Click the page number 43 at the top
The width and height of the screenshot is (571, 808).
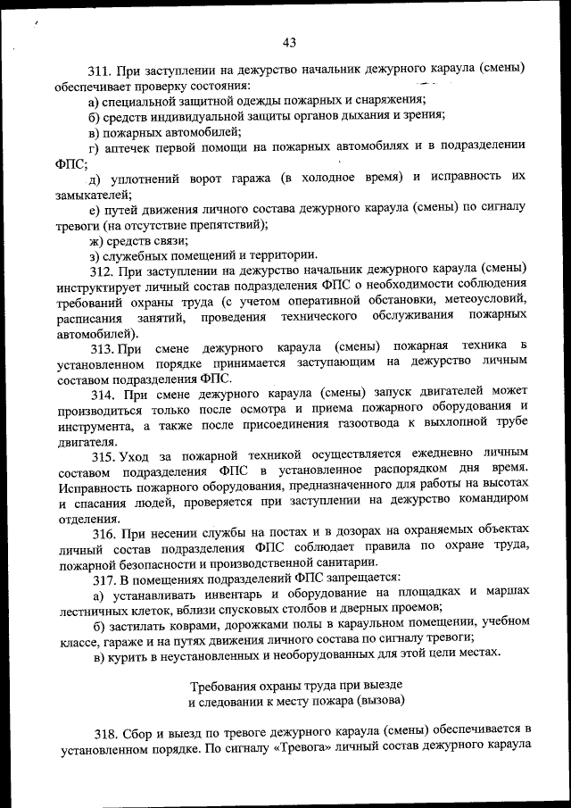pos(288,42)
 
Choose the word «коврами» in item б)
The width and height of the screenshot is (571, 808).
pos(194,627)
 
